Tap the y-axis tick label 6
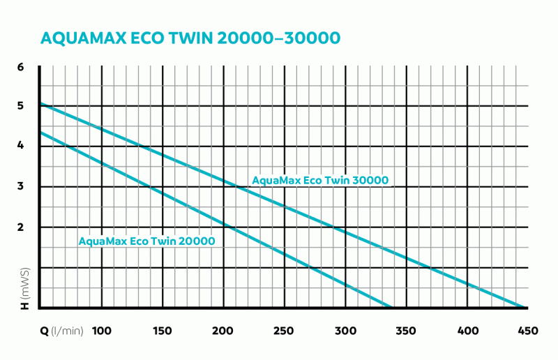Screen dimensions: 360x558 (20, 67)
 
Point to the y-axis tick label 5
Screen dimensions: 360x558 (20, 106)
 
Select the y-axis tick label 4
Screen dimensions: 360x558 (20, 146)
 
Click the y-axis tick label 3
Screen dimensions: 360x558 (20, 186)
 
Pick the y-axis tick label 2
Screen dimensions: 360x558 (20, 227)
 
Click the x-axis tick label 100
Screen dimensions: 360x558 (102, 330)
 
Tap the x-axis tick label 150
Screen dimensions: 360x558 (163, 330)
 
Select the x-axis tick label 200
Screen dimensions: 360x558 (223, 330)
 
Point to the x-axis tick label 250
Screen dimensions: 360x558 (284, 330)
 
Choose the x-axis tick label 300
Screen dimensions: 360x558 (345, 330)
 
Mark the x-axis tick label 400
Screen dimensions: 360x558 (467, 330)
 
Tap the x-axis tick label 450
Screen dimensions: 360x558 (527, 330)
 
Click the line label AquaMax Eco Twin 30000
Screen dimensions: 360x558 (319, 181)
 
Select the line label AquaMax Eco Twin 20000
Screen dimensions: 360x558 (146, 241)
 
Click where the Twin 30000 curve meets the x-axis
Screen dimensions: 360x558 (523, 307)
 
